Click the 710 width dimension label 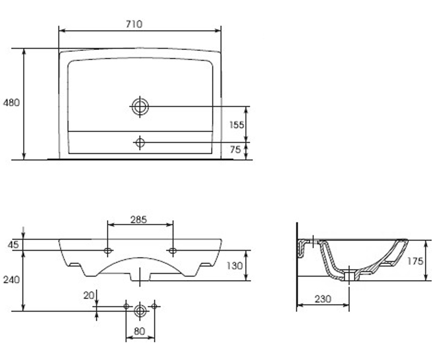pyautogui.click(x=134, y=24)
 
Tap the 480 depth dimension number pyautogui.click(x=12, y=103)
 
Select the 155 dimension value pyautogui.click(x=237, y=125)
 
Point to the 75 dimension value pyautogui.click(x=235, y=149)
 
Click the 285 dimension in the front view pyautogui.click(x=138, y=220)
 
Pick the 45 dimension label pyautogui.click(x=13, y=245)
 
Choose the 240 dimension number pyautogui.click(x=12, y=280)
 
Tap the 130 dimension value pyautogui.click(x=235, y=266)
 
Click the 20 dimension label pyautogui.click(x=89, y=296)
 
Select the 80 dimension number pyautogui.click(x=139, y=331)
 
